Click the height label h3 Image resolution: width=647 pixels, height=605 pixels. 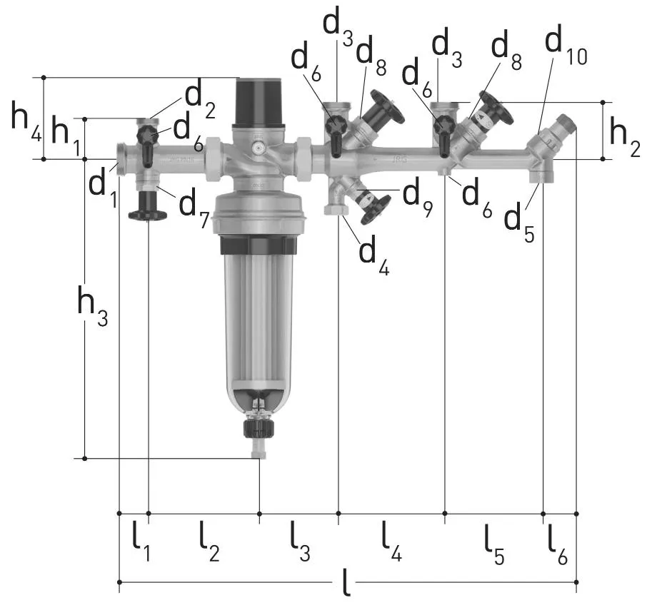pos(92,306)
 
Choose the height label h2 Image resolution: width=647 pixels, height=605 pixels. pos(625,137)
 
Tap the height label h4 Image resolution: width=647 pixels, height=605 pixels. pos(26,121)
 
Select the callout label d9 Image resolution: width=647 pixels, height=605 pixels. pos(418,197)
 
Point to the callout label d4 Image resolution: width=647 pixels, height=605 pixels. pos(373,255)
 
